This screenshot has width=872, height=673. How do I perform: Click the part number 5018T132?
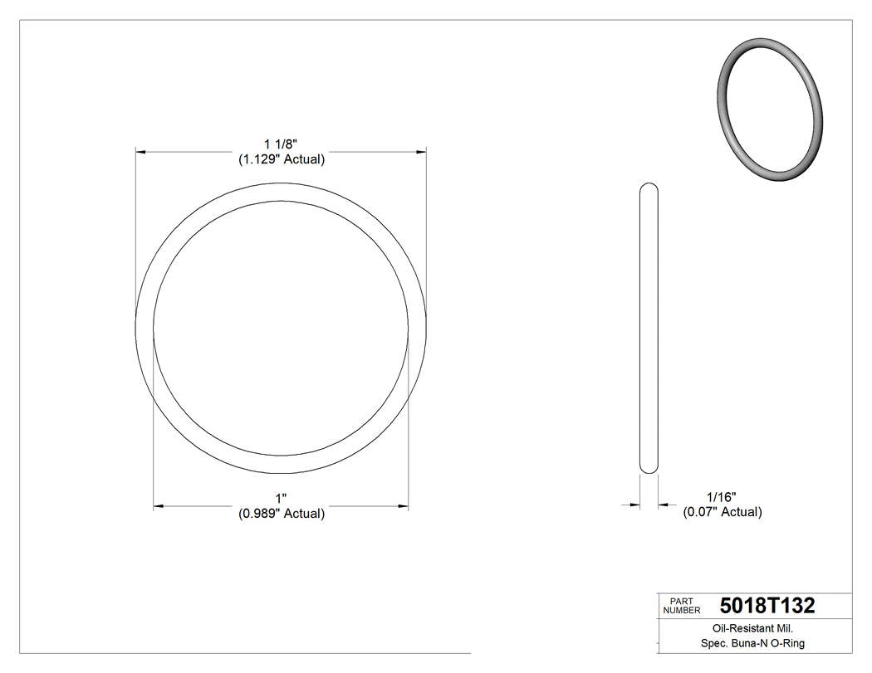point(767,606)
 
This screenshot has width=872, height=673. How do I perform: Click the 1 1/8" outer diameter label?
point(282,144)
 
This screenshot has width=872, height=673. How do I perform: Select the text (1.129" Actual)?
point(282,159)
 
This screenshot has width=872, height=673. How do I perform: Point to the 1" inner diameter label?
point(282,499)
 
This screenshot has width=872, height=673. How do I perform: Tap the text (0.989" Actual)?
point(282,514)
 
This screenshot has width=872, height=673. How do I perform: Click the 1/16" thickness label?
point(722,497)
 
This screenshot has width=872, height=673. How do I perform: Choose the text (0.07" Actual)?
point(722,512)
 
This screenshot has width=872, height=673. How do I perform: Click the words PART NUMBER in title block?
point(682,606)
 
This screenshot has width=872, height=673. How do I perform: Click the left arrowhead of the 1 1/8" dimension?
point(141,152)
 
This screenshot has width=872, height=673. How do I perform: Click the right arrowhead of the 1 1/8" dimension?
point(421,152)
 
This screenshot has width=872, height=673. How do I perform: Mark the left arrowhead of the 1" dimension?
point(159,505)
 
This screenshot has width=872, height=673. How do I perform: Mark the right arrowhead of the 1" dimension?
point(404,505)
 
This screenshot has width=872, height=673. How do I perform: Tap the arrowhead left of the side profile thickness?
point(636,504)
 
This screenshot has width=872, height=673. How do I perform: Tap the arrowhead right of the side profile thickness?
point(663,504)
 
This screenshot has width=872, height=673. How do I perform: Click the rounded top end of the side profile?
point(649,186)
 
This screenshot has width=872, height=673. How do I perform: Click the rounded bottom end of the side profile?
point(649,470)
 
